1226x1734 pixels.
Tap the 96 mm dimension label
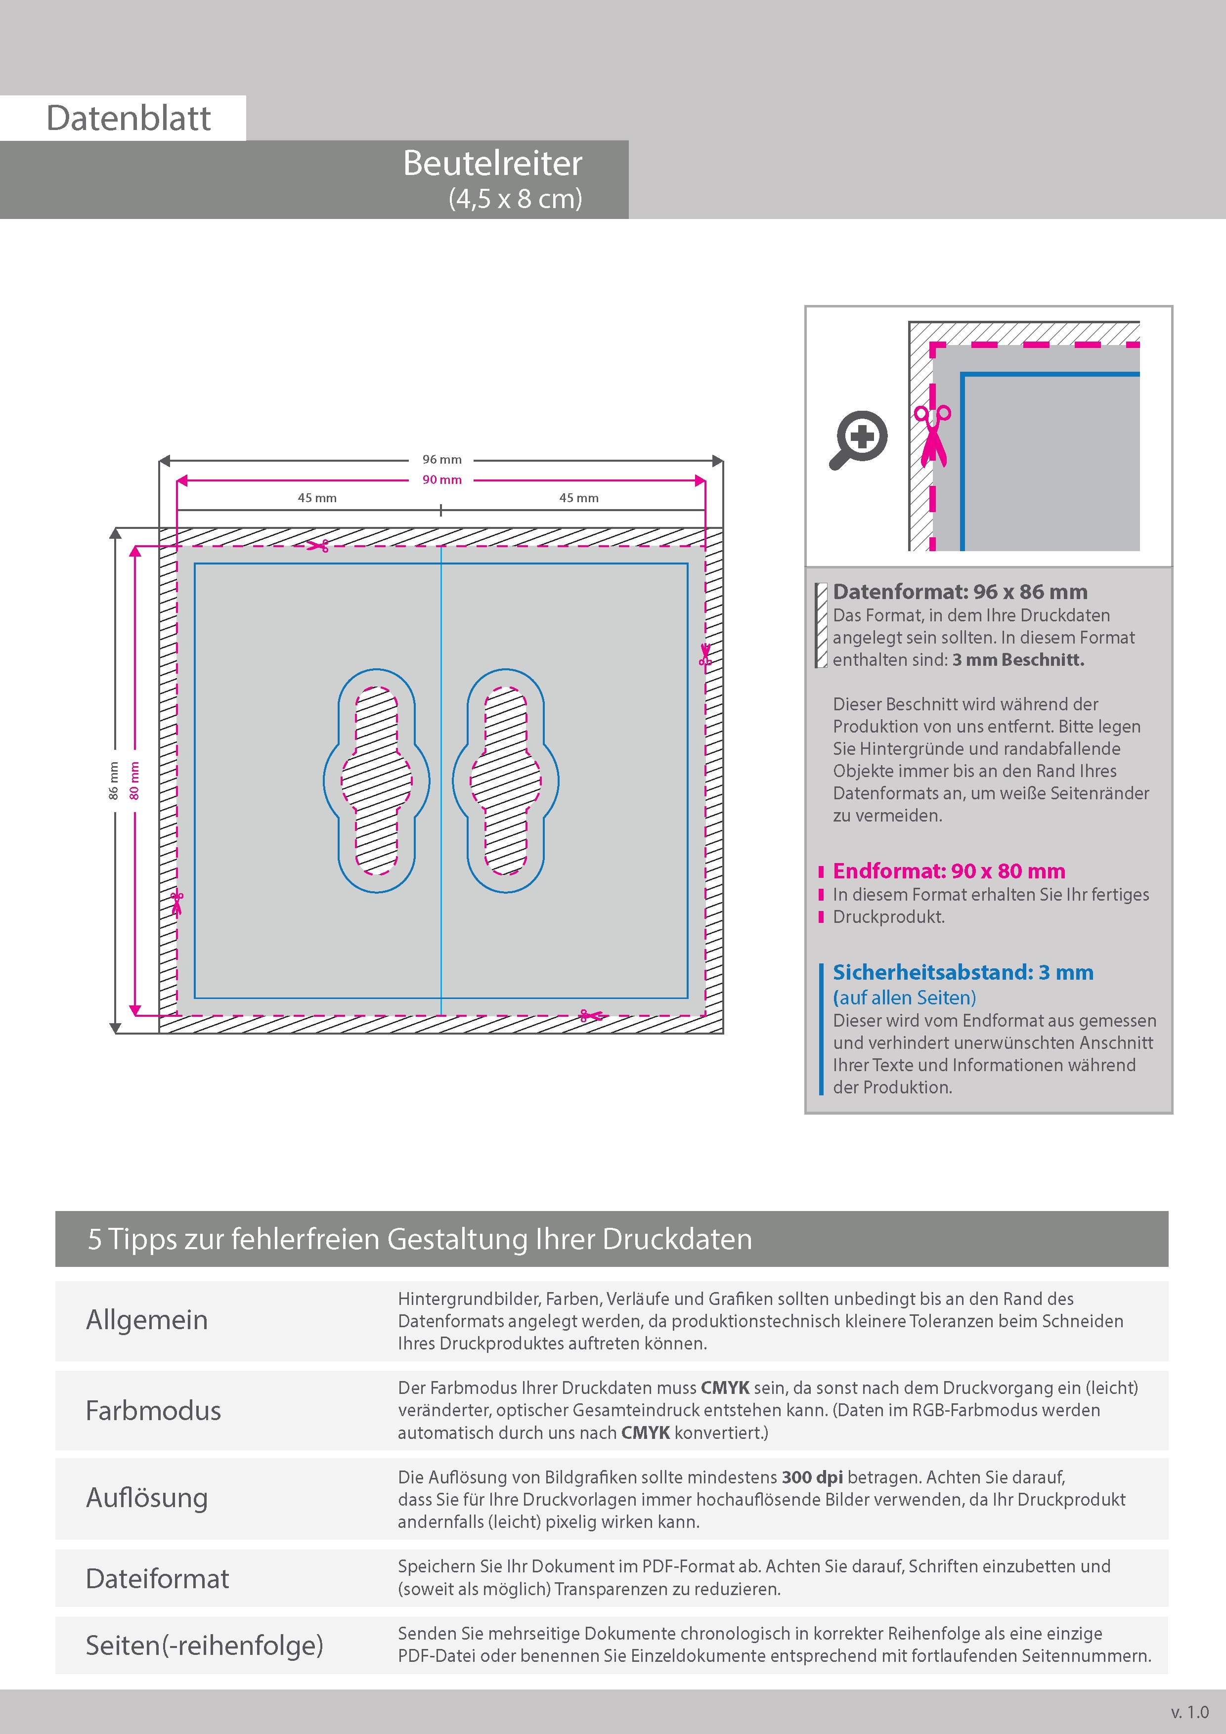[x=442, y=459]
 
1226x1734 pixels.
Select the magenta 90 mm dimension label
[x=442, y=479]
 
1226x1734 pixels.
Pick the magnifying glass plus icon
[x=860, y=439]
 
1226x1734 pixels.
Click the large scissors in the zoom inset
[x=933, y=436]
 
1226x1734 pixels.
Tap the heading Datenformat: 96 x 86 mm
[x=960, y=592]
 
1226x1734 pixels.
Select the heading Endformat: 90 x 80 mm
[x=949, y=871]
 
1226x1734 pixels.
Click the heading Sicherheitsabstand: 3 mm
[x=963, y=973]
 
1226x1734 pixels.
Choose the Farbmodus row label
[x=153, y=1411]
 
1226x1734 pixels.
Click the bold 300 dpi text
[x=812, y=1477]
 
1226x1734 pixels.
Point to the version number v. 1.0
[x=1190, y=1712]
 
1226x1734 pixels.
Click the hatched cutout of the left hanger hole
[x=376, y=780]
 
